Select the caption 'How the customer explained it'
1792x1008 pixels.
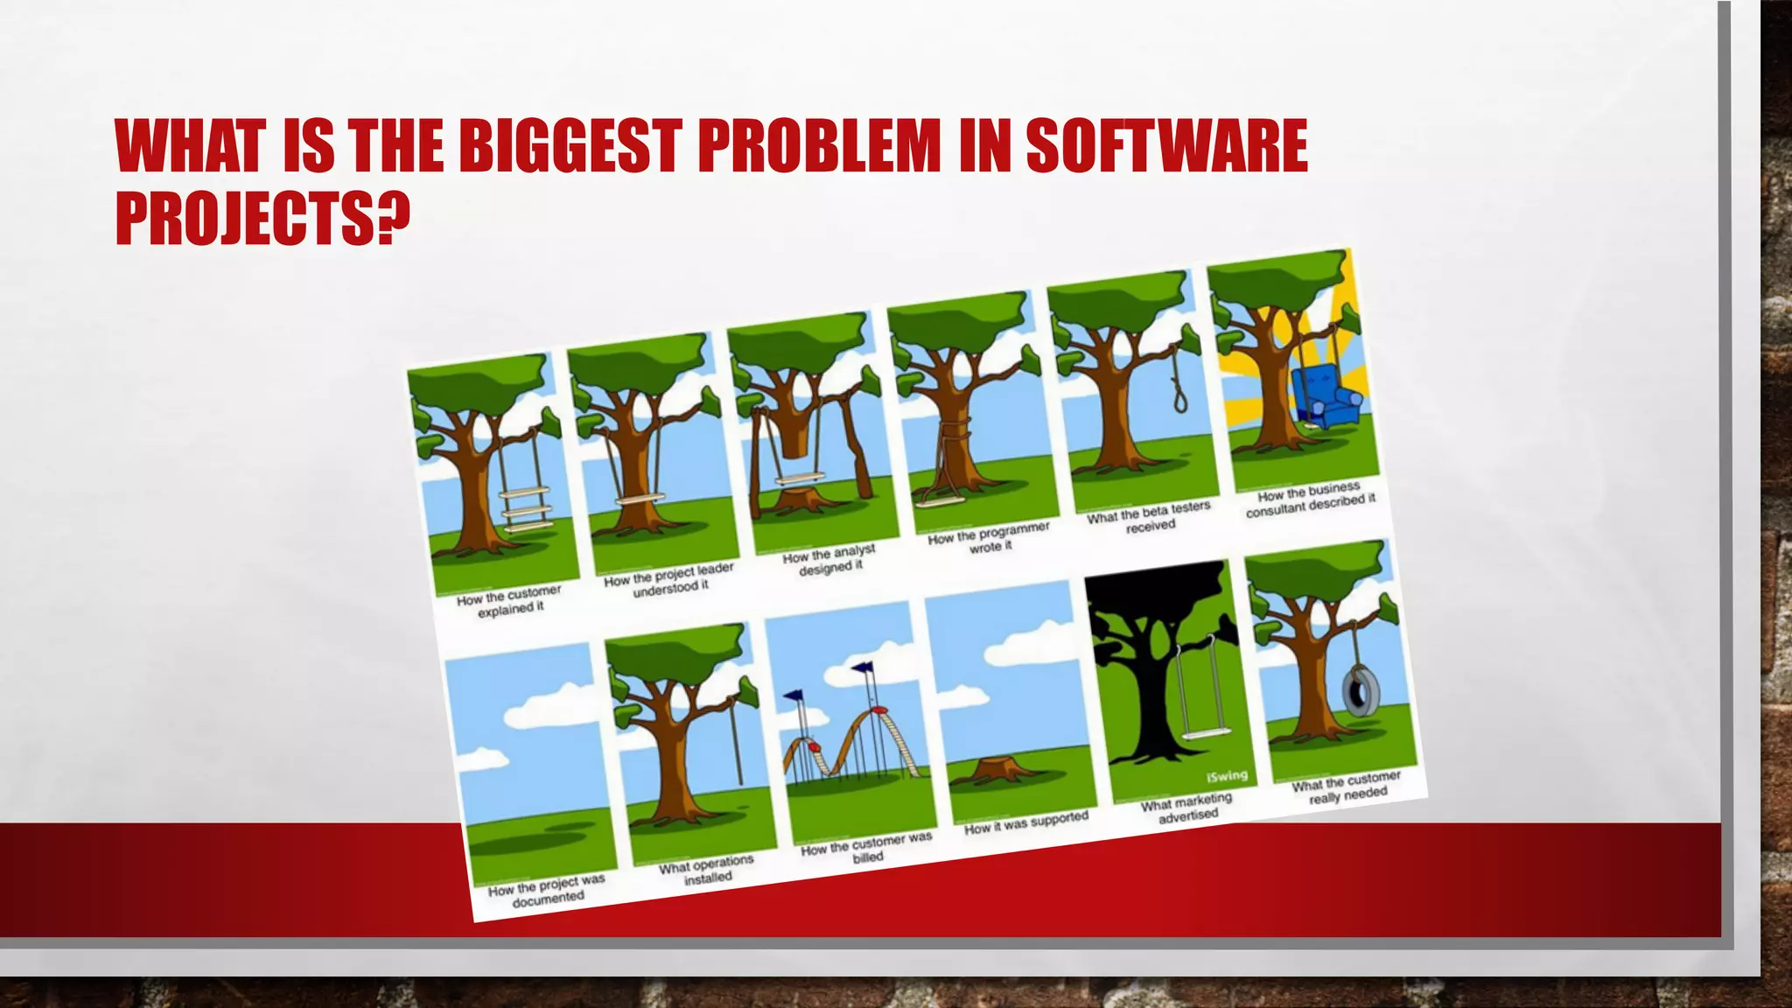click(509, 600)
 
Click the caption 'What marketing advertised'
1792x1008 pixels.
click(1187, 807)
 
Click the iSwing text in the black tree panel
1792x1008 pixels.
click(1227, 775)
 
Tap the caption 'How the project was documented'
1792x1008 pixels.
click(547, 890)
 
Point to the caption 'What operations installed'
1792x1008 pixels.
click(707, 869)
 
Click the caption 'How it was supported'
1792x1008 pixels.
click(1025, 822)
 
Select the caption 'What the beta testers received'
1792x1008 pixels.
click(1149, 518)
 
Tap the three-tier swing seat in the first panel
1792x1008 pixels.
click(521, 511)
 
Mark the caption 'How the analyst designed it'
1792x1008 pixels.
click(829, 559)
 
